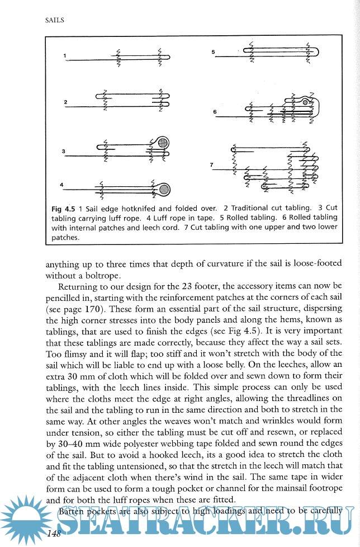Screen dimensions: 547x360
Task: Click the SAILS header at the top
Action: [x=54, y=20]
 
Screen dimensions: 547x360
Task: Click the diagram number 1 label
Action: [x=65, y=55]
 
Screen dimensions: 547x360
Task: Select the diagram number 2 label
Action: [x=65, y=102]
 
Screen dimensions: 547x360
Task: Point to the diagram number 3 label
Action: [x=64, y=151]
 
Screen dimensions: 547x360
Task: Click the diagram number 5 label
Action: [x=214, y=52]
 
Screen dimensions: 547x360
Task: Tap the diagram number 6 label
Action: [x=215, y=112]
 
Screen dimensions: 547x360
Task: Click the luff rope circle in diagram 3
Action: [x=163, y=144]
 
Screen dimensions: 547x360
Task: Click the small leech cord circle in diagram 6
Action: [x=305, y=103]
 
